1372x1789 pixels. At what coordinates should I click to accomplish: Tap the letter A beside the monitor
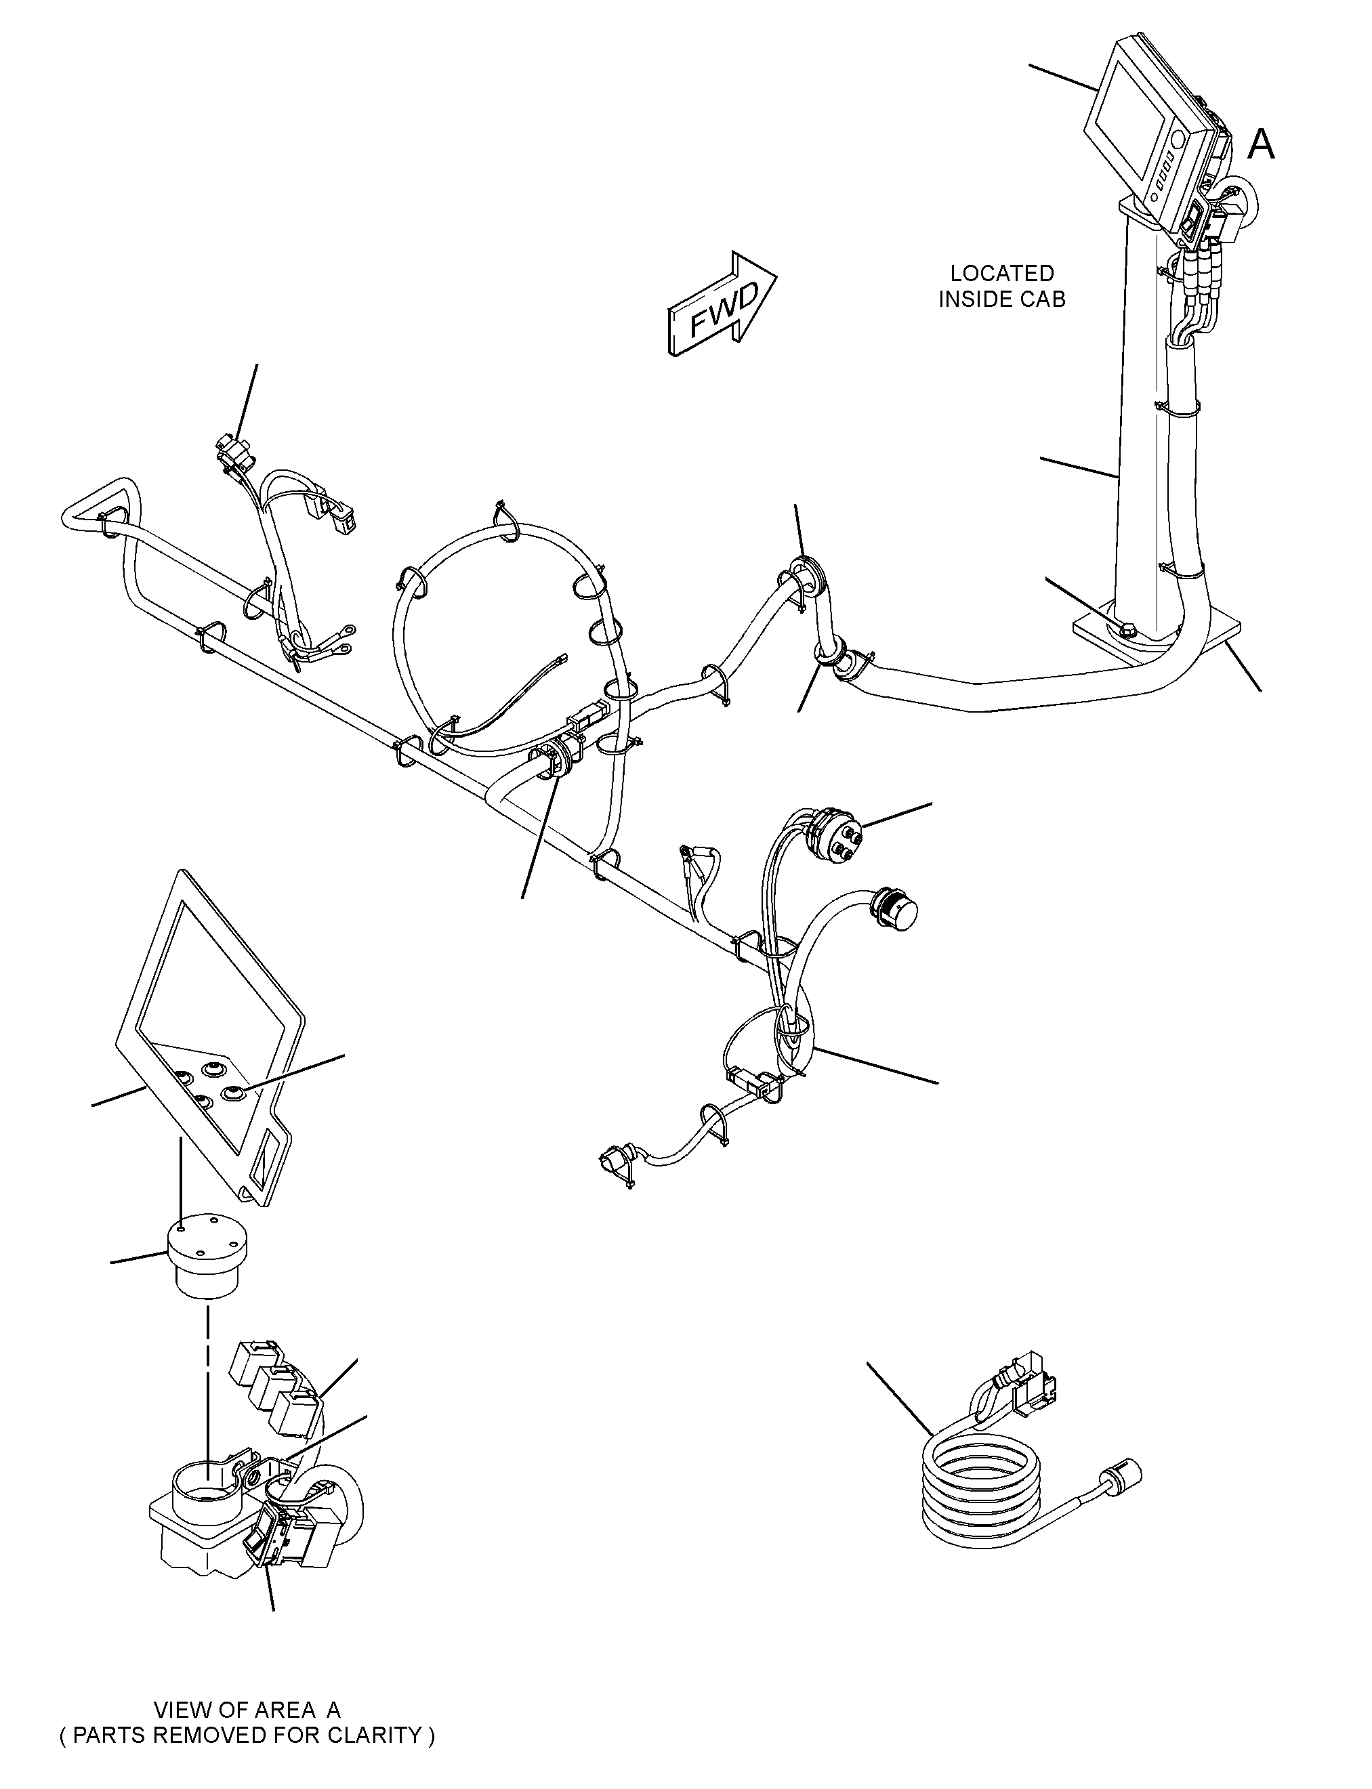pos(1261,146)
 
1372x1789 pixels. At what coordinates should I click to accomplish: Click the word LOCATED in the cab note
pos(1002,274)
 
